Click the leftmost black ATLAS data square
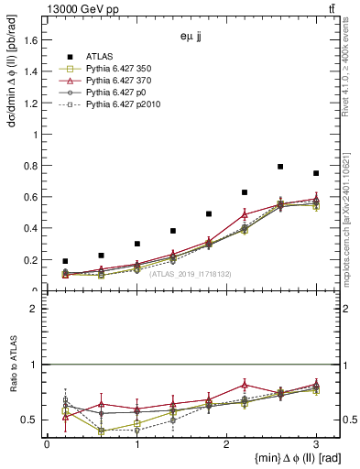coord(64,261)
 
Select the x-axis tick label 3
coord(316,443)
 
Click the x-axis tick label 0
coord(47,443)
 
